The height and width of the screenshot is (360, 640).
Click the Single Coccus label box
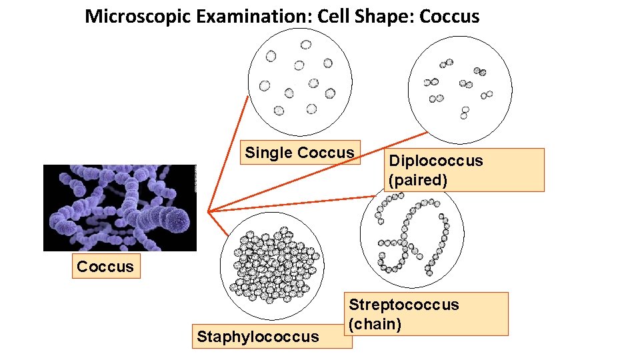pyautogui.click(x=299, y=153)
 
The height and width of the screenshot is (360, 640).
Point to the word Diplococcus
pyautogui.click(x=435, y=161)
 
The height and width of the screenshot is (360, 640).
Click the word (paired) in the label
pyautogui.click(x=417, y=179)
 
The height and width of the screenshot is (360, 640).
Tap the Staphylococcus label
pyautogui.click(x=258, y=337)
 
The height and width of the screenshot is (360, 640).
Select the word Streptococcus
pyautogui.click(x=404, y=305)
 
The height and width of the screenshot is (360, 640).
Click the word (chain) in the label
pyautogui.click(x=375, y=324)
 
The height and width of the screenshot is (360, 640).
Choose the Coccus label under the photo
pyautogui.click(x=105, y=267)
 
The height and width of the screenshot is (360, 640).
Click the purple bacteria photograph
pyautogui.click(x=120, y=207)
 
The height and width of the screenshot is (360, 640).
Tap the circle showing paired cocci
pyautogui.click(x=459, y=89)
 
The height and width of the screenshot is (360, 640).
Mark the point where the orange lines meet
pyautogui.click(x=208, y=212)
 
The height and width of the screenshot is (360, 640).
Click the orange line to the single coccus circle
pyautogui.click(x=228, y=153)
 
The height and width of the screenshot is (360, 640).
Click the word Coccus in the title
pyautogui.click(x=449, y=16)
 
